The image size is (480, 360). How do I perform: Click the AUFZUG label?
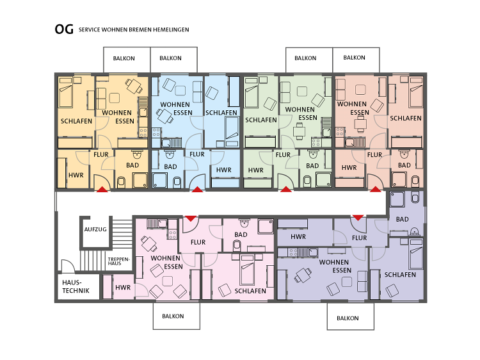pos(95,229)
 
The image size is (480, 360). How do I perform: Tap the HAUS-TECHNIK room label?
pos(76,286)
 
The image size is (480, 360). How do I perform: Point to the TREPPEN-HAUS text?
pos(119,261)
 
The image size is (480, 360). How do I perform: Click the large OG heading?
pos(64,29)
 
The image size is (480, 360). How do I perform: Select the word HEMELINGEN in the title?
pos(171,29)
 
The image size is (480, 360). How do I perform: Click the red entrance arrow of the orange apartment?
pos(102,190)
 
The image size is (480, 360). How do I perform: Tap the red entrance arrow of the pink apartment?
pos(191,218)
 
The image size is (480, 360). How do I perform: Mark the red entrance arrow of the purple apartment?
pos(358,218)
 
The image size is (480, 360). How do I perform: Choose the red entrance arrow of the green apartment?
pos(286,190)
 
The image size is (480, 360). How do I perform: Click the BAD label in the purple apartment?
pos(403,219)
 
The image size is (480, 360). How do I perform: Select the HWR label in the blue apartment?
pos(224,170)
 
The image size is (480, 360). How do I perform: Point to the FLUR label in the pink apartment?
pos(198,242)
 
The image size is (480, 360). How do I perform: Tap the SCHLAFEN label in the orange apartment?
pos(76,121)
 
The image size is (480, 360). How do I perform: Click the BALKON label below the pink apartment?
pos(173,316)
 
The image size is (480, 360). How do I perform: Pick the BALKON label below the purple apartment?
pos(348,318)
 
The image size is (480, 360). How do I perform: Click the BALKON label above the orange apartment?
pos(124,58)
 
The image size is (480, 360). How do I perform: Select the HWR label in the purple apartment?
pos(298,237)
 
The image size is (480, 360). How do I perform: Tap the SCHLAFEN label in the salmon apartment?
pos(406,119)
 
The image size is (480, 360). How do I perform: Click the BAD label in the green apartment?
pos(312,166)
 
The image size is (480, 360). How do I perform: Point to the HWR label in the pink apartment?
pos(123,288)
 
